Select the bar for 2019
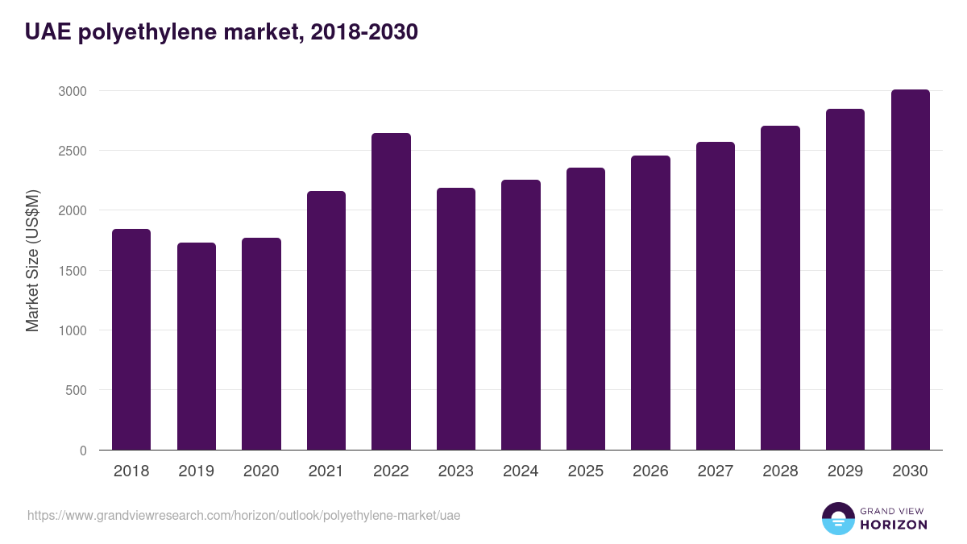pyautogui.click(x=197, y=347)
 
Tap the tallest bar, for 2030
pyautogui.click(x=910, y=270)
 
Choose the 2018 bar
pyautogui.click(x=131, y=339)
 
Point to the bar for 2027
pyautogui.click(x=716, y=296)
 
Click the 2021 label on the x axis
pyautogui.click(x=326, y=471)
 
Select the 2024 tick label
pyautogui.click(x=521, y=471)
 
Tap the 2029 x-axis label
pyautogui.click(x=845, y=471)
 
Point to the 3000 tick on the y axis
pyautogui.click(x=72, y=91)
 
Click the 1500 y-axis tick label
pyautogui.click(x=72, y=271)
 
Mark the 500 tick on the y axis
pyautogui.click(x=77, y=390)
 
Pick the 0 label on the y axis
pyautogui.click(x=83, y=451)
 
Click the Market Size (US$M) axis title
pyautogui.click(x=33, y=260)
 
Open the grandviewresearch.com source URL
pyautogui.click(x=244, y=515)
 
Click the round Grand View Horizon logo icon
pyautogui.click(x=837, y=518)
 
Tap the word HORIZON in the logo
pyautogui.click(x=894, y=525)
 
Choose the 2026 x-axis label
pyautogui.click(x=650, y=471)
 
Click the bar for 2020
pyautogui.click(x=261, y=344)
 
